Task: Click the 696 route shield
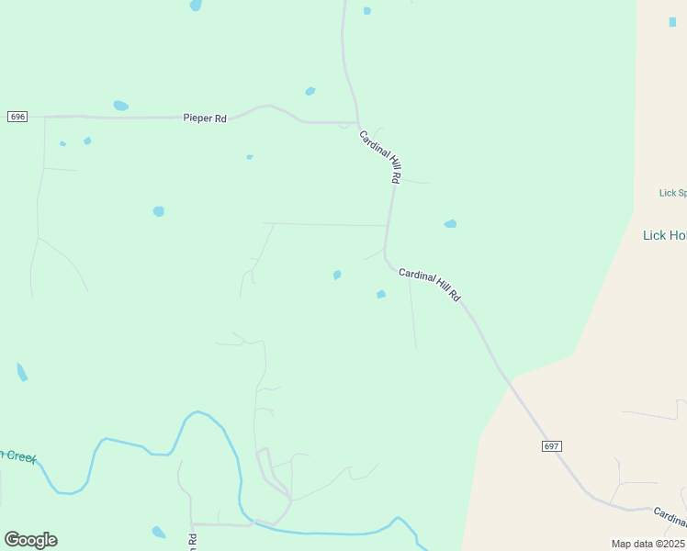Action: pos(17,117)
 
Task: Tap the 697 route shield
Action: pos(551,445)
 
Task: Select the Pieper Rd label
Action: pos(205,118)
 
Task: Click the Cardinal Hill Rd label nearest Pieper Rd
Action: pos(380,155)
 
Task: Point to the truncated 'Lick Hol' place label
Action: pos(664,235)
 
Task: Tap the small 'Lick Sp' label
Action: pos(672,193)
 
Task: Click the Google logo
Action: pos(30,539)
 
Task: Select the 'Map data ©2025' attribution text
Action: pos(648,544)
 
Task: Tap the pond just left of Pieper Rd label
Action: pos(120,106)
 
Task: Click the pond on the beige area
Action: pos(672,22)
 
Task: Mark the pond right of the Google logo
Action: pos(159,532)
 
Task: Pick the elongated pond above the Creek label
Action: pos(22,372)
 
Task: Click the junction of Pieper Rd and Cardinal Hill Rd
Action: pos(357,122)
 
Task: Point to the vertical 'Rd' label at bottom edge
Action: pos(193,542)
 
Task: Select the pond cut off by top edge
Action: pos(196,5)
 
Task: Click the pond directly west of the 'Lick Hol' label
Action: pos(450,223)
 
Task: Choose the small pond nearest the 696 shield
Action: pos(62,143)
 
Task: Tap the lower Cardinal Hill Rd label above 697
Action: pos(429,285)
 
